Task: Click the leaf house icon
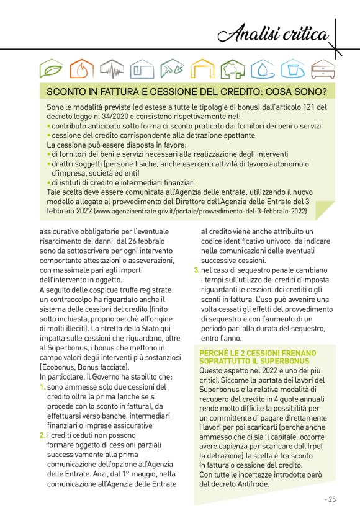[x=51, y=69]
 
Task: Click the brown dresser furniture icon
[x=323, y=69]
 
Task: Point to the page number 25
[x=330, y=499]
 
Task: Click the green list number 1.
[x=43, y=387]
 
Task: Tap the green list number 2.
[x=43, y=435]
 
